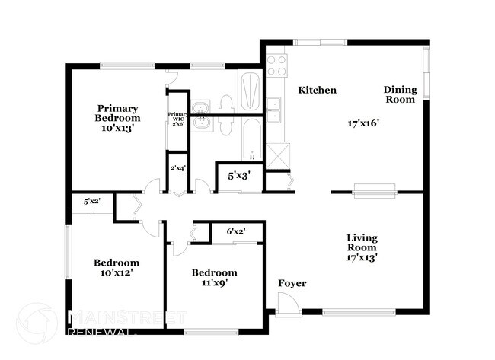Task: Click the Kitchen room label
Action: pos(317,90)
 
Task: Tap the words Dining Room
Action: pos(399,94)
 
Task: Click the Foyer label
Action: pos(292,284)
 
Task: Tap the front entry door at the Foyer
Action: pos(288,305)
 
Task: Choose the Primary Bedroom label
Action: pos(117,118)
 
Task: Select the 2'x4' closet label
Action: pos(177,167)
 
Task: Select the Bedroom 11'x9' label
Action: pos(214,278)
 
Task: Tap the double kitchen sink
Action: pos(274,110)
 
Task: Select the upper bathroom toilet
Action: pos(225,104)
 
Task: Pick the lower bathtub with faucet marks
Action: pos(251,139)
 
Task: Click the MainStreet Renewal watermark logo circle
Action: pos(36,323)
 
